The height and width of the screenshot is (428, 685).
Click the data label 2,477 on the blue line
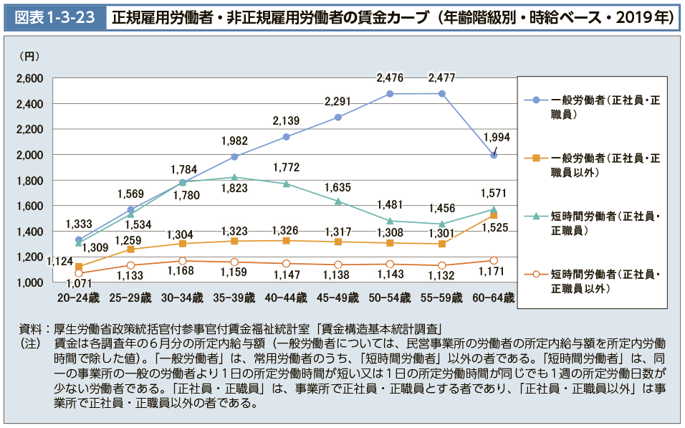click(x=442, y=77)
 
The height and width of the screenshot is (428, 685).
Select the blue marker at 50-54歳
click(x=390, y=94)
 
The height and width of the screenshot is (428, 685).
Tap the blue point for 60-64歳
click(x=494, y=155)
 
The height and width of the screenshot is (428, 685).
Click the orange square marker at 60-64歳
click(x=494, y=215)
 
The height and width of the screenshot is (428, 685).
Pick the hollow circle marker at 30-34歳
click(x=183, y=261)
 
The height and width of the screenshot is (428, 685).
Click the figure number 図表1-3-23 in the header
click(x=55, y=18)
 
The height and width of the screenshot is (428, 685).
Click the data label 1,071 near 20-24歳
click(x=62, y=284)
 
